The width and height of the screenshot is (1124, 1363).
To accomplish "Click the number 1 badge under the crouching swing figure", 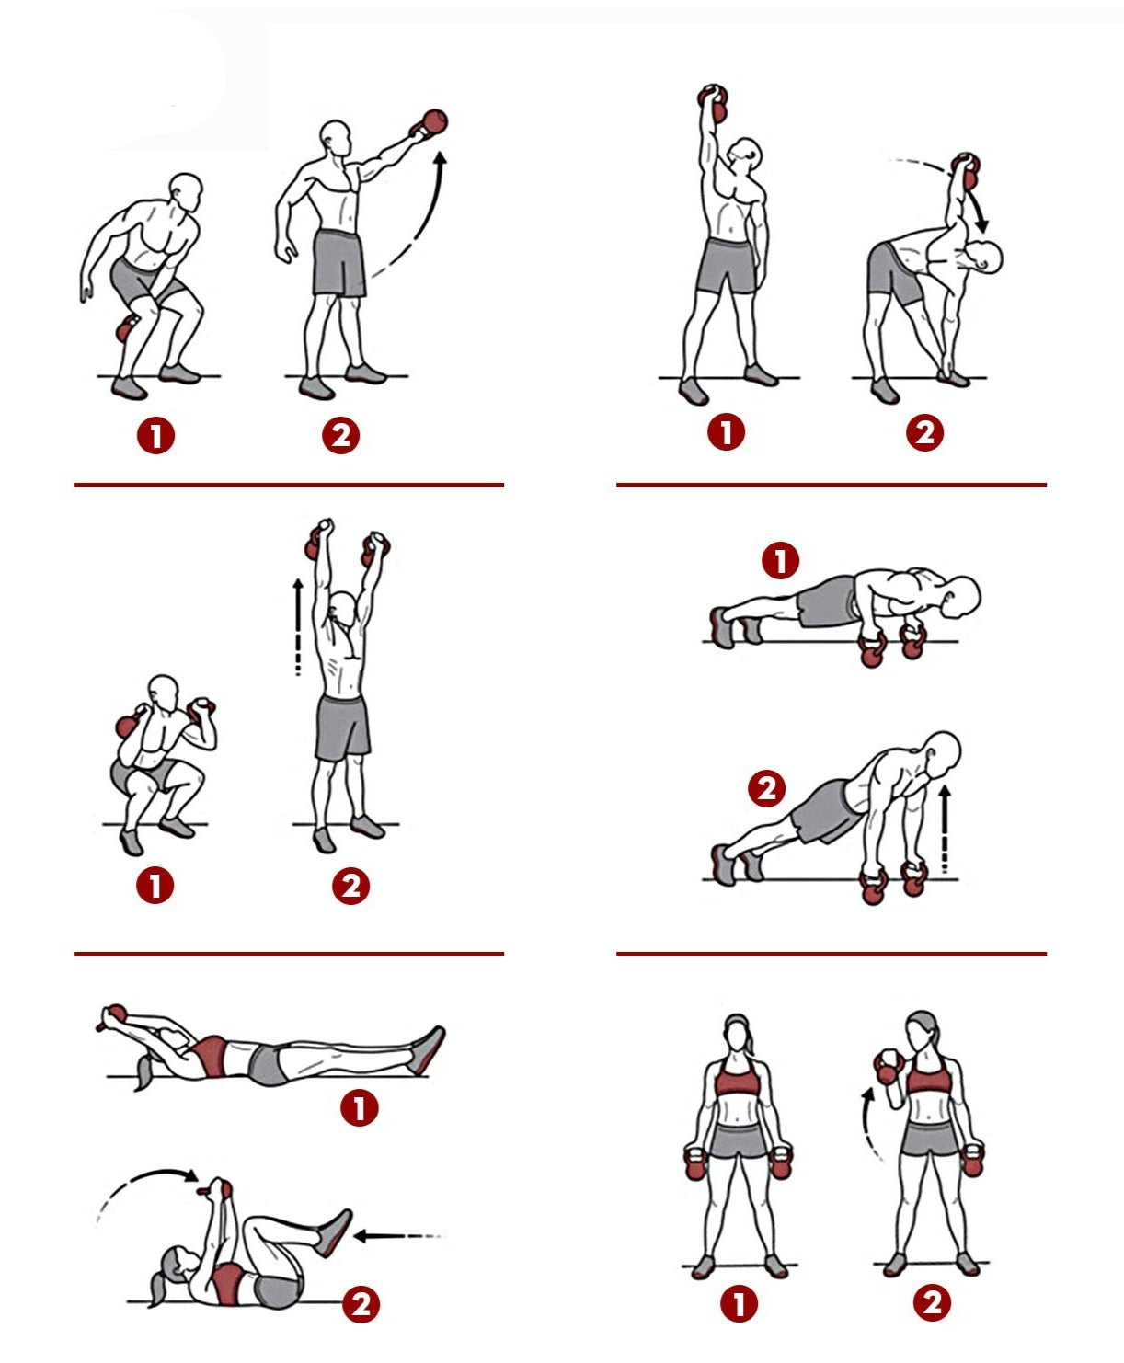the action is click(x=155, y=435).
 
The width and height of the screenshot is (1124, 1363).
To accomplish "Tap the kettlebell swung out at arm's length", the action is click(x=430, y=124).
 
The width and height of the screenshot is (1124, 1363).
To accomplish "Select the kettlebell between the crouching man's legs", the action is click(x=125, y=329).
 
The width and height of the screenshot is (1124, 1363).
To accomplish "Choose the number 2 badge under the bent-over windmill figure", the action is click(x=924, y=432).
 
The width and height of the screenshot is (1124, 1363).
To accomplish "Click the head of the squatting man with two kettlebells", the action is click(x=163, y=693).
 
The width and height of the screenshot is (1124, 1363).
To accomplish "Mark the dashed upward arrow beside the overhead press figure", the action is click(x=298, y=626).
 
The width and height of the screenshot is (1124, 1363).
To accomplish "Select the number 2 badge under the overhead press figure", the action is click(x=350, y=886).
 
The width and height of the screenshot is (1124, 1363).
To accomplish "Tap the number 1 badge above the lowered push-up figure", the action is click(x=780, y=560).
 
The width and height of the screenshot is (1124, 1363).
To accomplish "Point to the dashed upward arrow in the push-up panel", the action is click(x=945, y=830).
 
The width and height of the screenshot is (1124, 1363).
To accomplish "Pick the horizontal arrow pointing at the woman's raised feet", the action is click(x=396, y=1236).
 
